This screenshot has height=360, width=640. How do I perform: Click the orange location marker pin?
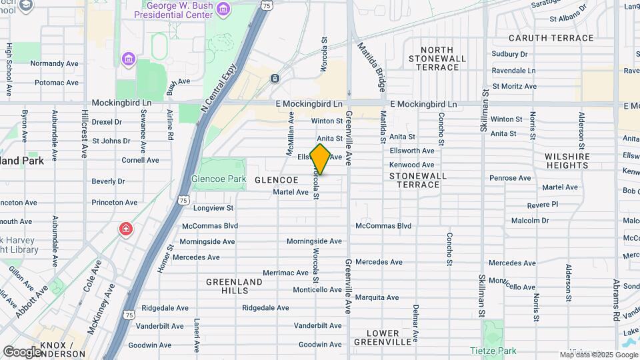coord(320,159)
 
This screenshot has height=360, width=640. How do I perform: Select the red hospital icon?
coord(125,229)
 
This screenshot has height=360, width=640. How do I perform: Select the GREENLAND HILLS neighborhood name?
coord(234,287)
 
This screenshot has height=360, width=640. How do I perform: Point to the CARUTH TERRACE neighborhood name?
coord(551,38)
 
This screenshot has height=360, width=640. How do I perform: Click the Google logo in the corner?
coord(22,351)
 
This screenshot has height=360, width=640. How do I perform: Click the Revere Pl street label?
coord(542,204)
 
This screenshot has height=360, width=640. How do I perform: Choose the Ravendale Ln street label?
coord(513,70)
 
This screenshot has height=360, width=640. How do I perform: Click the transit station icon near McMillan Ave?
coord(275,79)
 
